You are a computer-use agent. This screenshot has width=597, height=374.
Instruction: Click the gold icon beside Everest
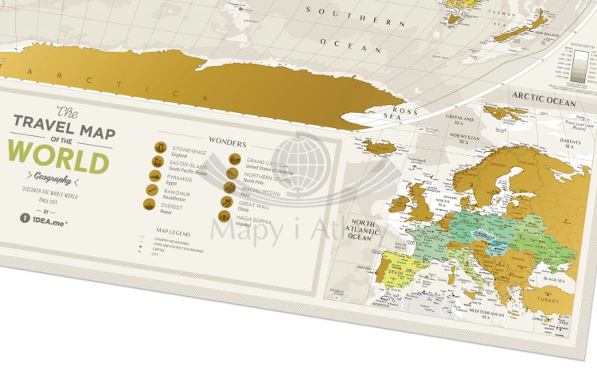point(148,204)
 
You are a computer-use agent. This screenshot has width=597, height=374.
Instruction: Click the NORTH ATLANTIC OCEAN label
point(368,229)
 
